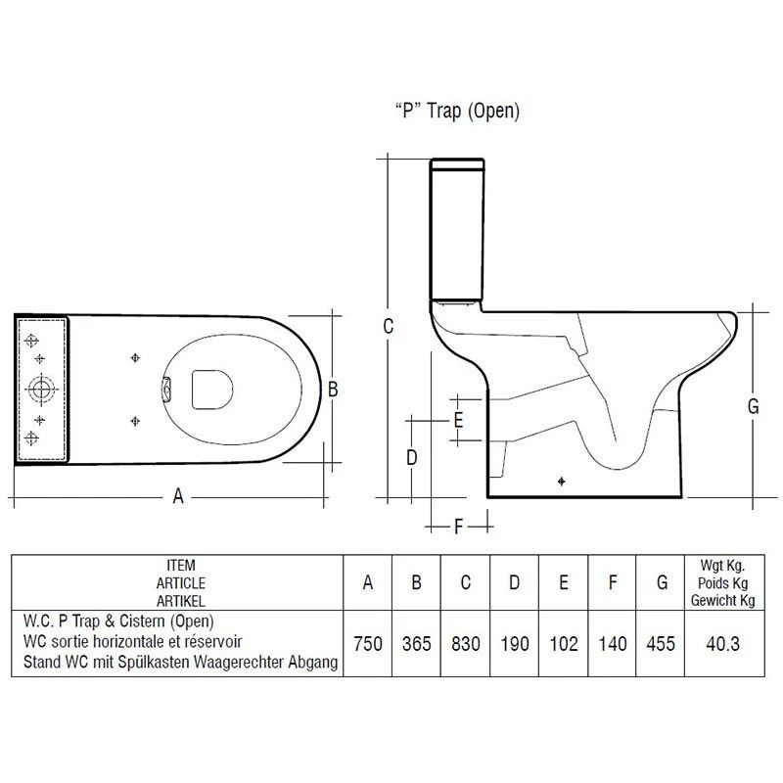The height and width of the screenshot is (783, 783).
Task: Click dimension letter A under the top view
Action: pyautogui.click(x=178, y=496)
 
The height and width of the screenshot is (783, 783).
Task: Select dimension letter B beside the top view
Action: pyautogui.click(x=332, y=389)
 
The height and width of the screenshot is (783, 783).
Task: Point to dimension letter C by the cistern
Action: pyautogui.click(x=388, y=327)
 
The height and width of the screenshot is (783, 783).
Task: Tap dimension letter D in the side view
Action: pyautogui.click(x=412, y=457)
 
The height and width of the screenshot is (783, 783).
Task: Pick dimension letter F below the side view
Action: pyautogui.click(x=458, y=528)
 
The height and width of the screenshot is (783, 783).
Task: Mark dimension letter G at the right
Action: pyautogui.click(x=753, y=407)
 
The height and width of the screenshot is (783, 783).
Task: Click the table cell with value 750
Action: pyautogui.click(x=367, y=644)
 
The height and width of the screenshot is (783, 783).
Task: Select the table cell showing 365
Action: pyautogui.click(x=416, y=644)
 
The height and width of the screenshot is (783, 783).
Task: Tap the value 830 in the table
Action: pyautogui.click(x=465, y=644)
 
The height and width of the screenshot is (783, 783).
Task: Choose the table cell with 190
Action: pyautogui.click(x=514, y=644)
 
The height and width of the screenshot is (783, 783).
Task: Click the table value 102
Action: pyautogui.click(x=563, y=644)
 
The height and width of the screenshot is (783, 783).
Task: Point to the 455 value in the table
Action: pyautogui.click(x=663, y=644)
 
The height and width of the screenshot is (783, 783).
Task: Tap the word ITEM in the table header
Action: pyautogui.click(x=181, y=566)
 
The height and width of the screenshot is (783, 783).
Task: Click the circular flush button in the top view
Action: pyautogui.click(x=41, y=389)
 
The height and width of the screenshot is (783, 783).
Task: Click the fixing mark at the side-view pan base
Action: pyautogui.click(x=562, y=481)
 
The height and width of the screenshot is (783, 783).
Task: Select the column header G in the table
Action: pyautogui.click(x=663, y=582)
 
